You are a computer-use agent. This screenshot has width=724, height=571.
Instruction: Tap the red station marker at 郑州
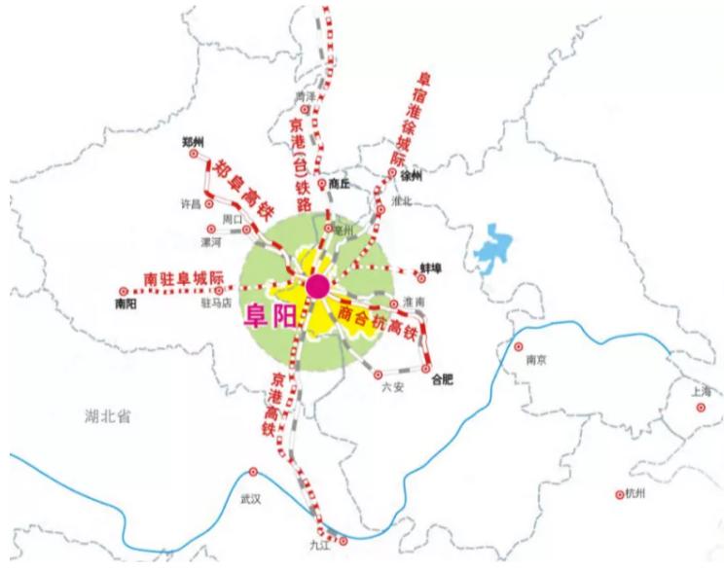tap(193, 154)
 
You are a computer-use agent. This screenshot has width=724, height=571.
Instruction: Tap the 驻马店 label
tap(213, 303)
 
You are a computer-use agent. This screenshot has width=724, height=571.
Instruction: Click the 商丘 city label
tap(339, 182)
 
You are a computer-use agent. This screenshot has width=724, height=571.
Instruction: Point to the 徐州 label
tap(412, 176)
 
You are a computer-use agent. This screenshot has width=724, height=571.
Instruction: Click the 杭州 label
tap(636, 494)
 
